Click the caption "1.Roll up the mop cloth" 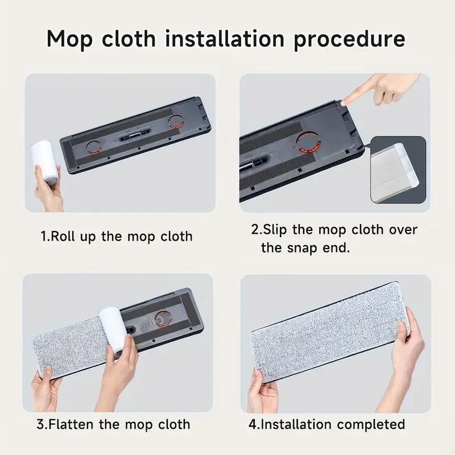(x=117, y=236)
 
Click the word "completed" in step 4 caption (x=370, y=424)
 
